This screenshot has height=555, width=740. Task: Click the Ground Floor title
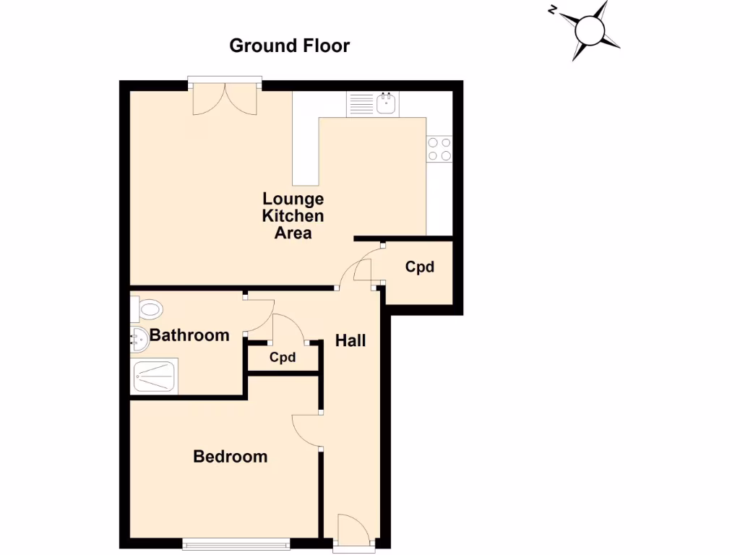pos(289,46)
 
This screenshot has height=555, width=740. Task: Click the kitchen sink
pos(387,105)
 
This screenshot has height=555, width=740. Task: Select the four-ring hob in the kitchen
pos(439,149)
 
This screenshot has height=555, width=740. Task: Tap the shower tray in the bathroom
pos(154,377)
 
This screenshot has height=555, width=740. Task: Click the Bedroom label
pos(230,457)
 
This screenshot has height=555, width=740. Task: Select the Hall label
pos(350,340)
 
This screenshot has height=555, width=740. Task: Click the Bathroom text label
pos(189,335)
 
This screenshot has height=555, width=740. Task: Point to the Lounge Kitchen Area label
pos(293,215)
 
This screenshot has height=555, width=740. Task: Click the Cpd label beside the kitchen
pos(419,267)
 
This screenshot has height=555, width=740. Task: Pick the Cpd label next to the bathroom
pos(283,357)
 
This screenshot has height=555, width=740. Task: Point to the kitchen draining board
pos(359,105)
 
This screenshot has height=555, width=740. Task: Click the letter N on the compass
pos(551,9)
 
